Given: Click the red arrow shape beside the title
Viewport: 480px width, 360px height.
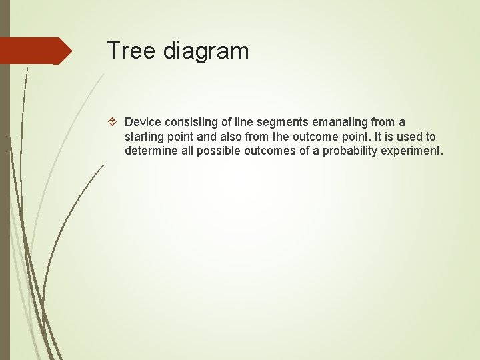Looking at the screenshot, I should (35, 51).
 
